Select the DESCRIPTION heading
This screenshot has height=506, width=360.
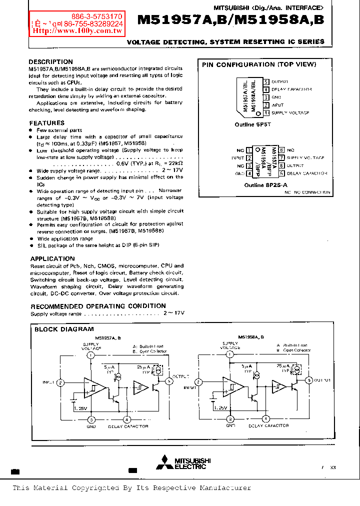(51, 62)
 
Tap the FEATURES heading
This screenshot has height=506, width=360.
(47, 123)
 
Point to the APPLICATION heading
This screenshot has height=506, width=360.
(52, 258)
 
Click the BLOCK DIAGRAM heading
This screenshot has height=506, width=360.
(64, 329)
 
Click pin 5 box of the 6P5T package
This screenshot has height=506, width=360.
(266, 81)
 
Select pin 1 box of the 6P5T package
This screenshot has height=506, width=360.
(266, 113)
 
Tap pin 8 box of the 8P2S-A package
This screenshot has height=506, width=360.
(282, 150)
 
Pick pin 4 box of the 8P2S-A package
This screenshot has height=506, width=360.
(249, 173)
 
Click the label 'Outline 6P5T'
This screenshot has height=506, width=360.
(252, 124)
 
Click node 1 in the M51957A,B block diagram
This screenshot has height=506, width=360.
(90, 355)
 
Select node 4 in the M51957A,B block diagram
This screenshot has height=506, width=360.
(127, 419)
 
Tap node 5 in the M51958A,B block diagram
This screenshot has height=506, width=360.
(309, 380)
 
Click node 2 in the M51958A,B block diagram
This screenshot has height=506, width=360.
(198, 382)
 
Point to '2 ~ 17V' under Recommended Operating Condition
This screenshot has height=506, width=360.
(173, 313)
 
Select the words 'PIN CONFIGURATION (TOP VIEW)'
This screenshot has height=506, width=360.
(259, 64)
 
